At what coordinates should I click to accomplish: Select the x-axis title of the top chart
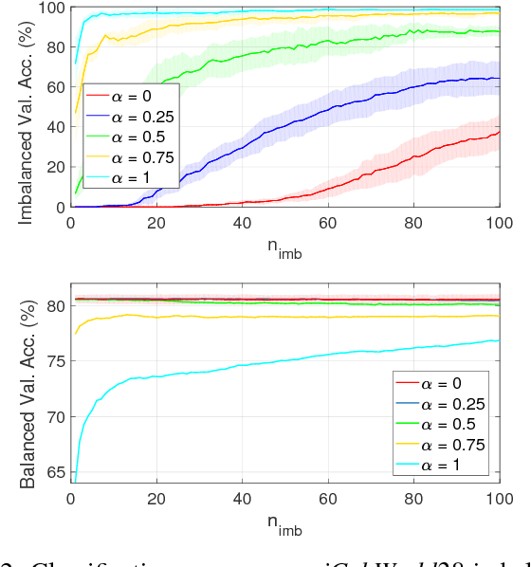click(284, 250)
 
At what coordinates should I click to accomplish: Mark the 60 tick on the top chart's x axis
click(328, 223)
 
